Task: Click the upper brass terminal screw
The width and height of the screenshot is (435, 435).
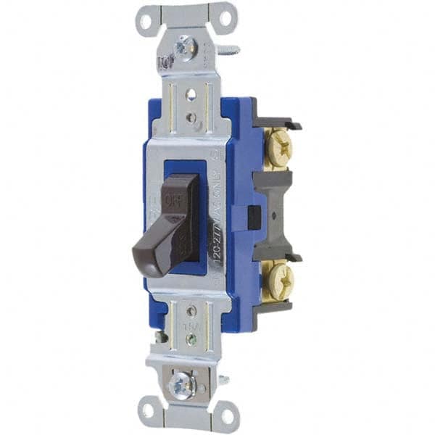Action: coord(280,149)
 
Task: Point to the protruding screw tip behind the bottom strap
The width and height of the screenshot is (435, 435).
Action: coord(223,378)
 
